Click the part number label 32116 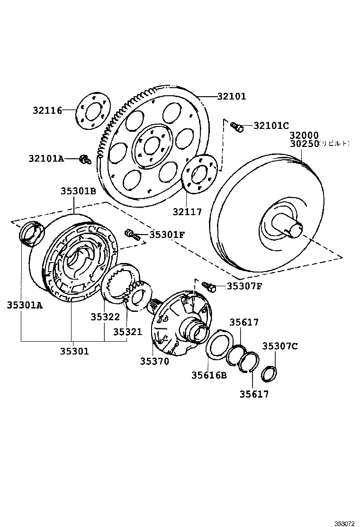coord(47,110)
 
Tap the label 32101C coord(271,126)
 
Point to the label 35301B coord(78,191)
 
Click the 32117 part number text coord(187,212)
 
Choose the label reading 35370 coord(154,361)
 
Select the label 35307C coord(280,346)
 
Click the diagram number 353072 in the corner coord(345,523)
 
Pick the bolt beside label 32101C coord(237,127)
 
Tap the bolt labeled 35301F coord(132,234)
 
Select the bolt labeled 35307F coord(209,286)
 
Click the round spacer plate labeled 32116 coord(93,111)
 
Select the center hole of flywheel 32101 coord(151,145)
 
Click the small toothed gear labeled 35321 coord(138,296)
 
